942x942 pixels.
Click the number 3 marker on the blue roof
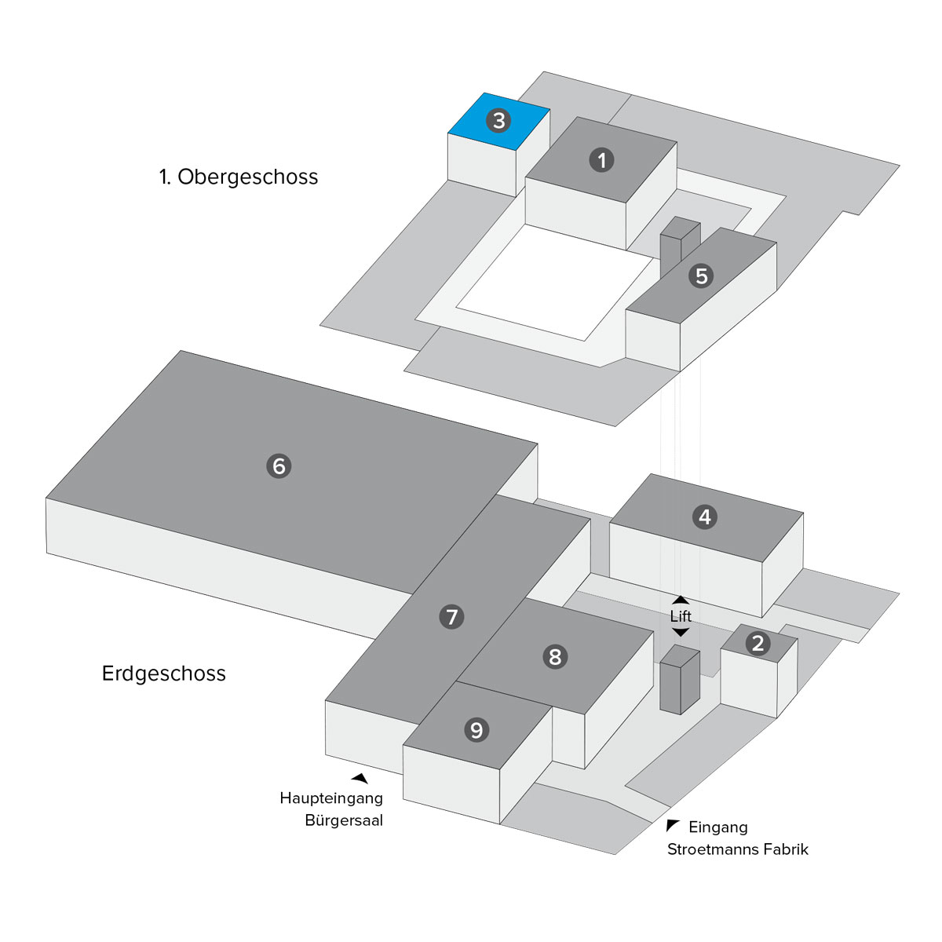[498, 121]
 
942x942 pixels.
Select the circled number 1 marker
[601, 160]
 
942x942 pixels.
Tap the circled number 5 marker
[701, 276]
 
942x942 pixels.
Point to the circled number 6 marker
[279, 466]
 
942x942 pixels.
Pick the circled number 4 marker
[704, 517]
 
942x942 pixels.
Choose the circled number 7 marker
[451, 617]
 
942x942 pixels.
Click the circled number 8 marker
[555, 656]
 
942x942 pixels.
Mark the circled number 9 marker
[476, 730]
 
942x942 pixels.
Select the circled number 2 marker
[758, 644]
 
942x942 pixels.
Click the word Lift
[681, 616]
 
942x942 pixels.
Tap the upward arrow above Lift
[681, 601]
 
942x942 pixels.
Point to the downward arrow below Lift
[681, 632]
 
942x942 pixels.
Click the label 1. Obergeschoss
[239, 177]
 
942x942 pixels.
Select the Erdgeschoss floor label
[164, 674]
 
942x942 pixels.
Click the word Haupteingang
[331, 799]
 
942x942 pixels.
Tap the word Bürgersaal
[344, 822]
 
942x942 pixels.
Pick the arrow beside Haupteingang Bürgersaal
[360, 778]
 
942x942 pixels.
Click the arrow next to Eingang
[672, 825]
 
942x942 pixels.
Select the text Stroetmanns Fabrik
[737, 849]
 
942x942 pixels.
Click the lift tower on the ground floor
[679, 681]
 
